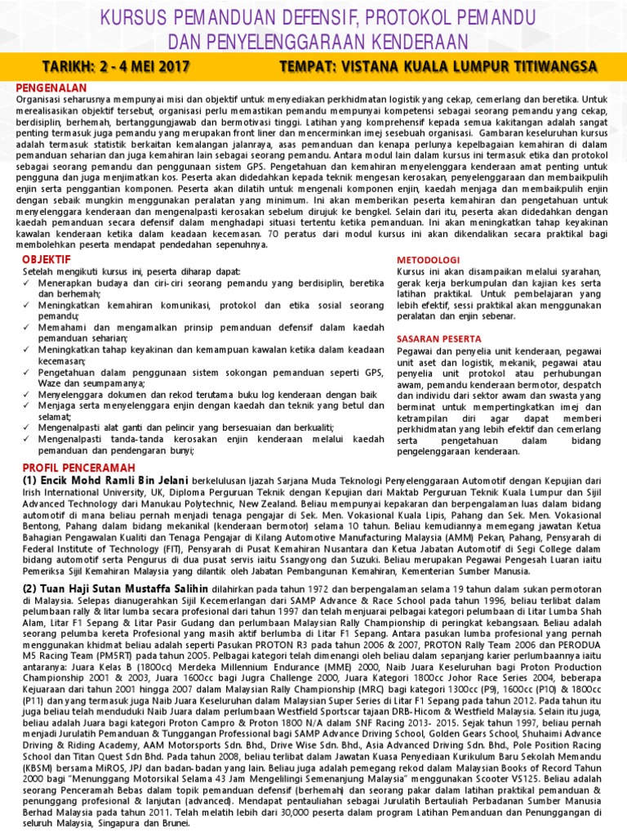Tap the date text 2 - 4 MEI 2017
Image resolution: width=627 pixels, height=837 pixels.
tap(150, 65)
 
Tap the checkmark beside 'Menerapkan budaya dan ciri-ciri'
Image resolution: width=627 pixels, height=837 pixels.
tap(27, 282)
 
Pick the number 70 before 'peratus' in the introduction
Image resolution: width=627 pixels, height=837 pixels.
tap(274, 234)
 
